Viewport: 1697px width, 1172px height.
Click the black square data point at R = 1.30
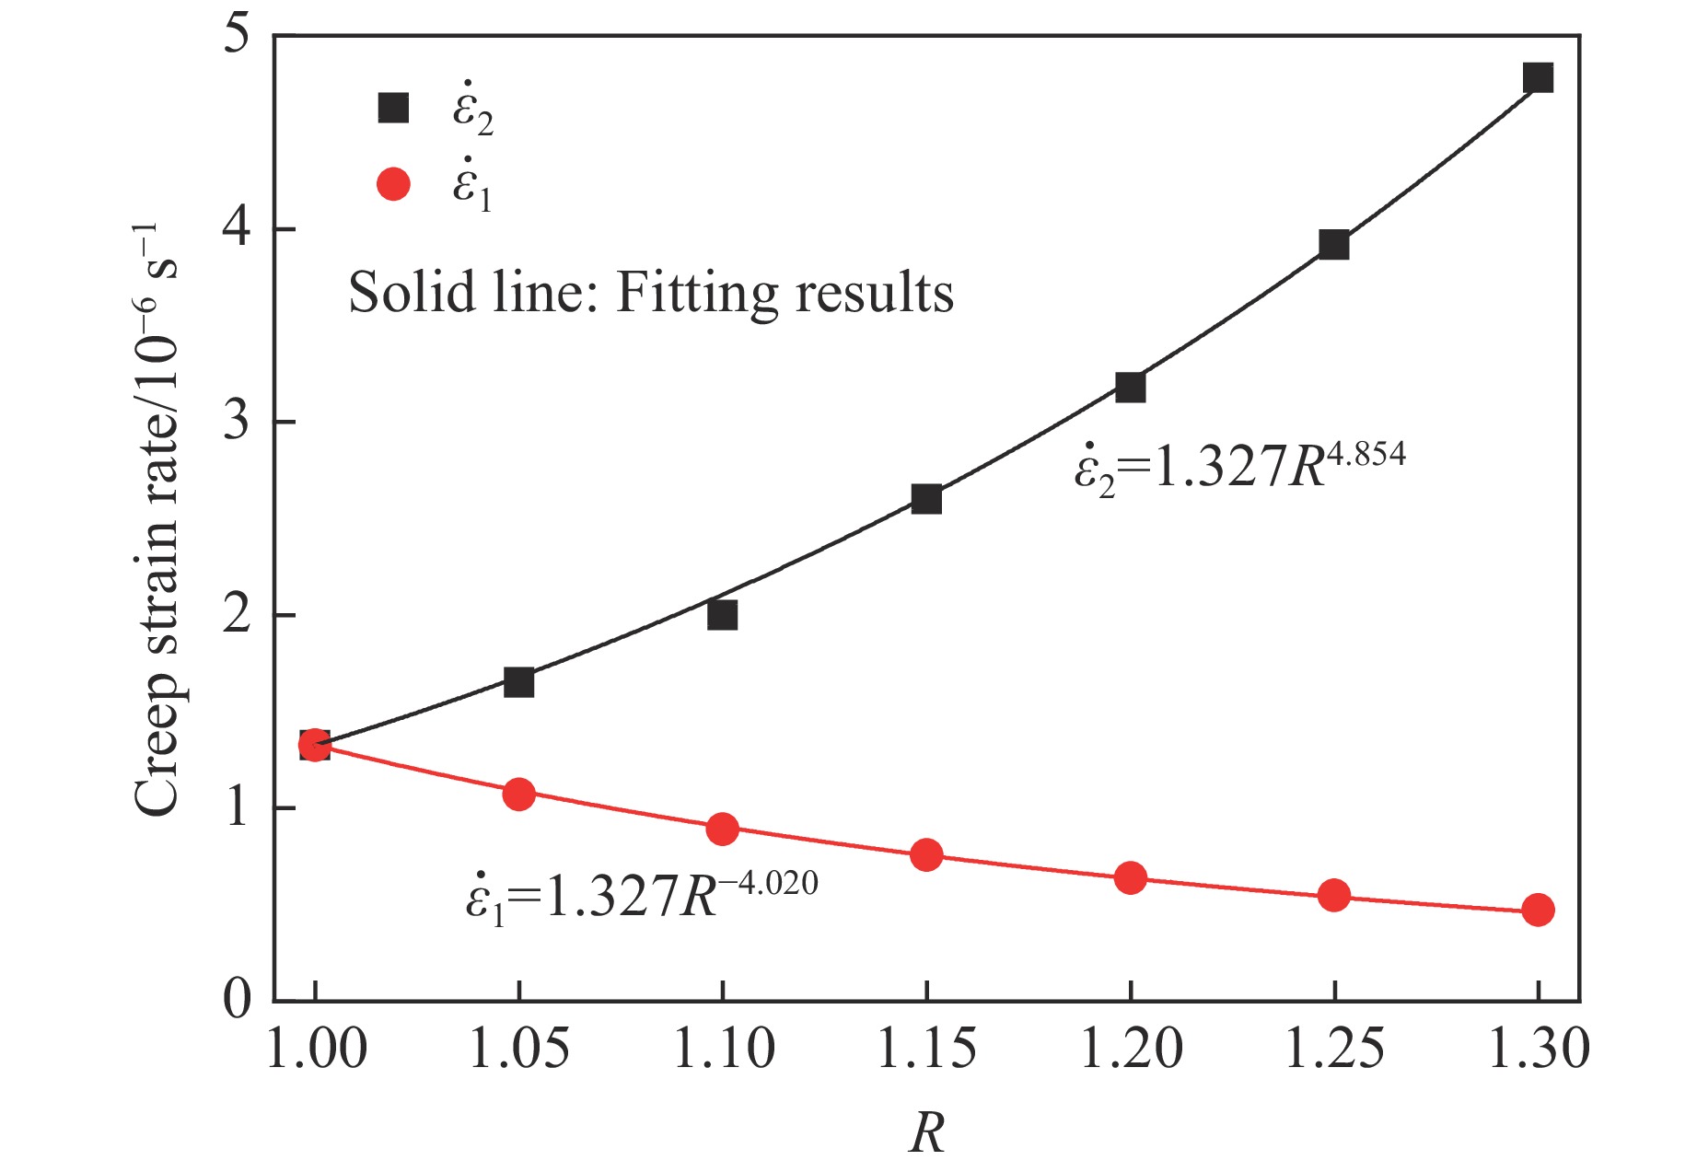click(1538, 77)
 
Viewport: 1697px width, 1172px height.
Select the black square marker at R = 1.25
click(1333, 245)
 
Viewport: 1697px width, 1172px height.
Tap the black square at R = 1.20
click(1130, 387)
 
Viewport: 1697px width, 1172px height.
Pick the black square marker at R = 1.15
click(926, 499)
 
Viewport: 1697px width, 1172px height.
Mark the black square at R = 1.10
click(723, 614)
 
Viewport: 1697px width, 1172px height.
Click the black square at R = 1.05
click(519, 682)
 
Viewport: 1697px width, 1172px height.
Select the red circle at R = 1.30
click(1538, 910)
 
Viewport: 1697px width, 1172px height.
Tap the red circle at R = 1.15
click(926, 854)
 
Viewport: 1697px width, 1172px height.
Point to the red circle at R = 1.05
click(519, 794)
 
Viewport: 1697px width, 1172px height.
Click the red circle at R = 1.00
click(315, 745)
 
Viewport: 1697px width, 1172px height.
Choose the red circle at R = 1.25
click(1333, 895)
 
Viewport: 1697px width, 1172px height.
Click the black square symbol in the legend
click(393, 108)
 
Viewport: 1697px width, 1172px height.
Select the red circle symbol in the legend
click(393, 185)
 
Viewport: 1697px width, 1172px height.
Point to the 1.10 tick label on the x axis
click(724, 1049)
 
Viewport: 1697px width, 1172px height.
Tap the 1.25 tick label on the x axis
click(1333, 1049)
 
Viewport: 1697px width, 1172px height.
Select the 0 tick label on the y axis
click(237, 1000)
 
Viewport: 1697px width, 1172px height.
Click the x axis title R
click(926, 1132)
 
